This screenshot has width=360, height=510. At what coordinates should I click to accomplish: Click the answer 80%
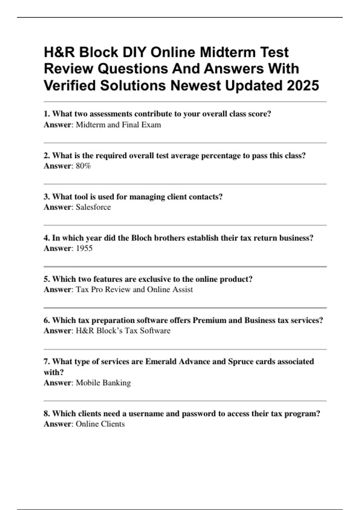(83, 166)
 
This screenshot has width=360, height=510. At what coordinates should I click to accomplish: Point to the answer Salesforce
(93, 207)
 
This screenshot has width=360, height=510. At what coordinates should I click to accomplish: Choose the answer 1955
(84, 248)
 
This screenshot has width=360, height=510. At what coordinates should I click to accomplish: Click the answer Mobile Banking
(103, 383)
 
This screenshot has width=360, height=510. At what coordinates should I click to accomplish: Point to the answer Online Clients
(100, 424)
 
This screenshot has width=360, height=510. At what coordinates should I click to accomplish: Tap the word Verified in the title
(70, 85)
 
